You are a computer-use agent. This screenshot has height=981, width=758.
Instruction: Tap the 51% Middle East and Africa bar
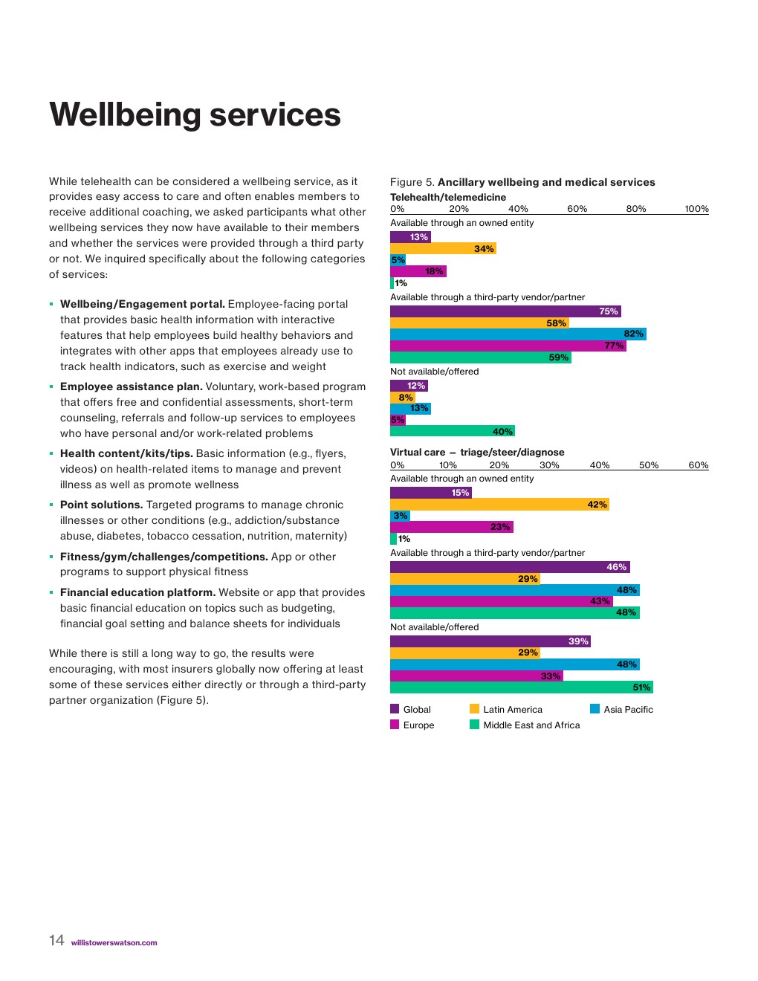pyautogui.click(x=521, y=687)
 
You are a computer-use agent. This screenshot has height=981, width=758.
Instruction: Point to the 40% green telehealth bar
pyautogui.click(x=453, y=431)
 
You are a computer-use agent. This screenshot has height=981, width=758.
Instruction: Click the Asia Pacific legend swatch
pyautogui.click(x=595, y=709)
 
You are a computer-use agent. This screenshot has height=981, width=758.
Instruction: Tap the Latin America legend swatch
pyautogui.click(x=474, y=709)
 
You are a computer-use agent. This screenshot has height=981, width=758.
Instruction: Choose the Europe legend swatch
pyautogui.click(x=395, y=725)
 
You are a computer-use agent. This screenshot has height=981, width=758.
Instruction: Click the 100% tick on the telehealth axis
pyautogui.click(x=696, y=209)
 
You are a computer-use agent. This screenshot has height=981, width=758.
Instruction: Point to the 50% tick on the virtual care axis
pyautogui.click(x=649, y=465)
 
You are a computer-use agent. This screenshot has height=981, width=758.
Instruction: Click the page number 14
pyautogui.click(x=56, y=940)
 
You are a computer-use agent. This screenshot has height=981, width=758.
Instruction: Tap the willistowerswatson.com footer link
pyautogui.click(x=114, y=943)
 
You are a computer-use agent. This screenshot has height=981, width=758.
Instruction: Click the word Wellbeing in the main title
pyautogui.click(x=125, y=115)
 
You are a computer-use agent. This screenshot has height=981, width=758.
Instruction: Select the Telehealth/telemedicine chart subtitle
pyautogui.click(x=448, y=197)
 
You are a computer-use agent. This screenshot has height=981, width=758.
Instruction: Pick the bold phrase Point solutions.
pyautogui.click(x=101, y=505)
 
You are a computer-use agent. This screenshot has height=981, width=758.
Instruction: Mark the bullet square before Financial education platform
pyautogui.click(x=51, y=593)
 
